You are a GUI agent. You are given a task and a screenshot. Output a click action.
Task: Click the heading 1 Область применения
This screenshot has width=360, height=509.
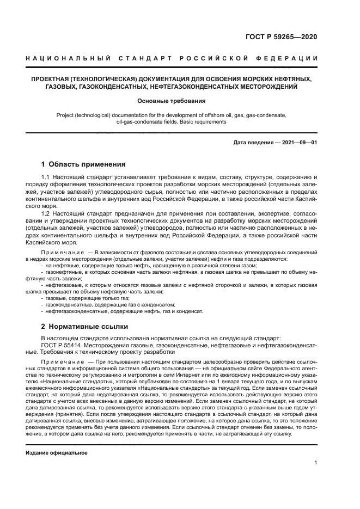click(83, 164)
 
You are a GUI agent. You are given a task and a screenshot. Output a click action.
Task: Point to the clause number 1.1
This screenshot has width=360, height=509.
click(46, 178)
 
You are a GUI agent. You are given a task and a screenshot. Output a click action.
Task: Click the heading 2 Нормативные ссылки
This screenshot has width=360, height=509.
click(84, 327)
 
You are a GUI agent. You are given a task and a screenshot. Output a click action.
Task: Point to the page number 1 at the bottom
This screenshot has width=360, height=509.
click(315, 463)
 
